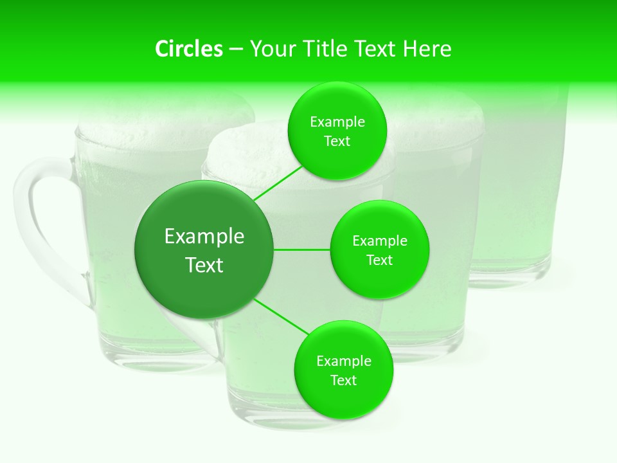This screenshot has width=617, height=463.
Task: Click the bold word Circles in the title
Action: pos(188,49)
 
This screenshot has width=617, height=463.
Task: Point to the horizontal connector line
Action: pos(302,250)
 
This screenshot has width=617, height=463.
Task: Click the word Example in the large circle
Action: pos(204,237)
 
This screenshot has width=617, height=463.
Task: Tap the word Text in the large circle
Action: pos(204,265)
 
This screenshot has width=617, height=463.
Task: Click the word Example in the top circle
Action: pos(337,122)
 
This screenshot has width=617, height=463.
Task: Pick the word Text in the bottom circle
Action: pos(343,381)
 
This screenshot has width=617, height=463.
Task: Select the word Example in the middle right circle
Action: pos(380,241)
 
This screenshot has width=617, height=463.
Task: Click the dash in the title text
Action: pos(236,50)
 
